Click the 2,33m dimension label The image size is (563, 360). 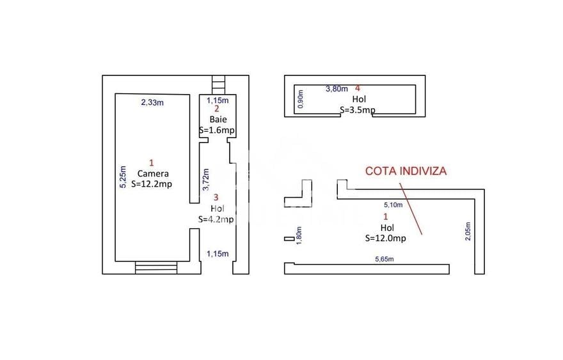(152, 103)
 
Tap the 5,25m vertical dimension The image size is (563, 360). (123, 176)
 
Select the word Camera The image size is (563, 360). (153, 174)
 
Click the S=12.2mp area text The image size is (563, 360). (152, 184)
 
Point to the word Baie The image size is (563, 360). (218, 119)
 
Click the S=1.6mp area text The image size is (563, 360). (217, 130)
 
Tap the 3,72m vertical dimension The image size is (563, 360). (206, 180)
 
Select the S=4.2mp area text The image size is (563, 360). (216, 219)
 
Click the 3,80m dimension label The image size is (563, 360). (337, 89)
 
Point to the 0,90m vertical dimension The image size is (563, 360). (301, 99)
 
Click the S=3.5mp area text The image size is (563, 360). (358, 110)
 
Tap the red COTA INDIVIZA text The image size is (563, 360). (406, 171)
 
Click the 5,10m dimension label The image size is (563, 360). (393, 205)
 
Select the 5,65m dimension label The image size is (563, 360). (385, 259)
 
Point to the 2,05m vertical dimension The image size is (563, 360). (468, 231)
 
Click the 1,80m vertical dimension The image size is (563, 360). (299, 235)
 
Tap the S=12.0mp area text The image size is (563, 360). (386, 238)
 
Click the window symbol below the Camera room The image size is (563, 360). (156, 268)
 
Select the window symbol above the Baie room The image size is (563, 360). (218, 84)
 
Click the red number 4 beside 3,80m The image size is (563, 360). (357, 88)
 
